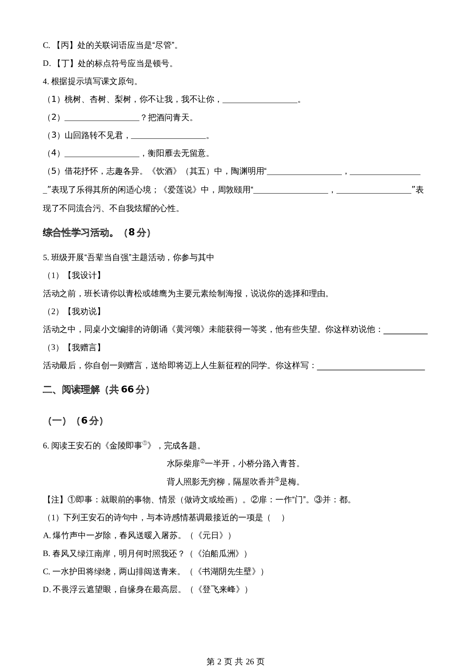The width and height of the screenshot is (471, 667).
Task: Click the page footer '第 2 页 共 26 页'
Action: pos(235,651)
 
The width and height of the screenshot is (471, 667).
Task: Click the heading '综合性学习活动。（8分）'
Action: pos(97,232)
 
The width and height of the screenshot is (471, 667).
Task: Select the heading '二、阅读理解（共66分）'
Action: pos(96,389)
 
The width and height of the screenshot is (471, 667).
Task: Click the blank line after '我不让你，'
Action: pos(260,100)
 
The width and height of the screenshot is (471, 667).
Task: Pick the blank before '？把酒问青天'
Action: pos(102,118)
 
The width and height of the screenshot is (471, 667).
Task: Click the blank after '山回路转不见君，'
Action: pos(168,136)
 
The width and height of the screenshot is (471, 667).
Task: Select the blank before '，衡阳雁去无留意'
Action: pos(102,154)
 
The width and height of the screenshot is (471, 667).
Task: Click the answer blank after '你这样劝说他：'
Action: pos(405,330)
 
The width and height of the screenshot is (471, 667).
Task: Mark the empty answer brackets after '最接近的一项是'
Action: pos(276,518)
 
